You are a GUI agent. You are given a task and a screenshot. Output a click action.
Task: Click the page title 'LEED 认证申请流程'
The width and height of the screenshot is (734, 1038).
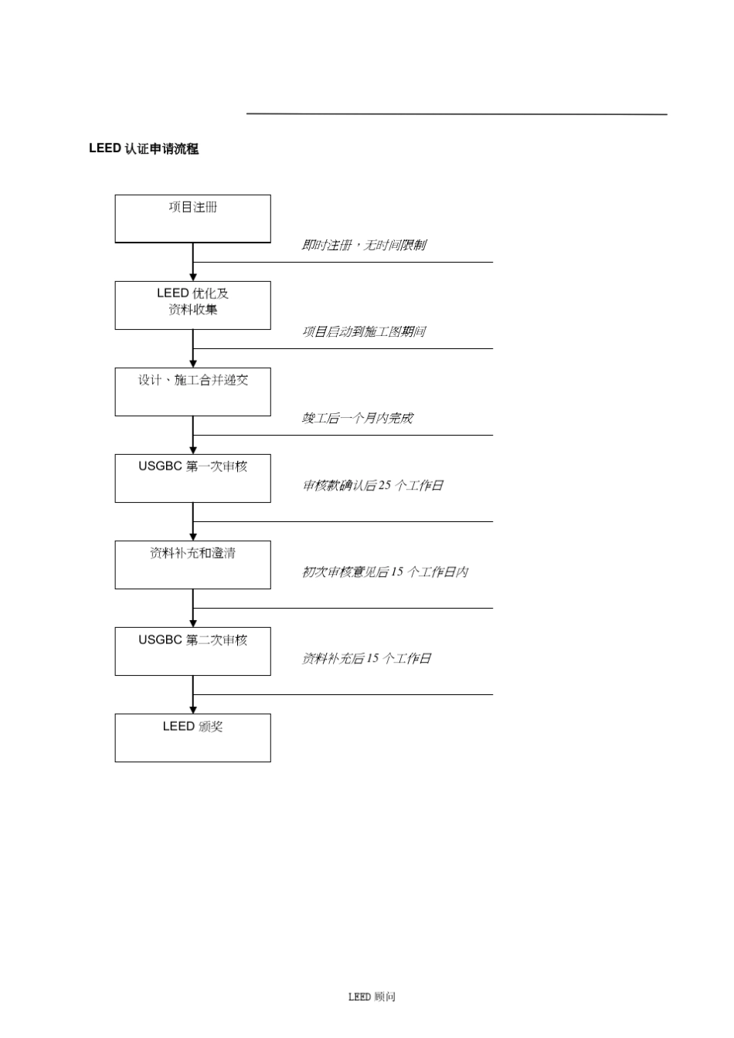pos(144,149)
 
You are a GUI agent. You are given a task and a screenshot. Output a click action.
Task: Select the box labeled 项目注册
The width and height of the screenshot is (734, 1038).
pos(192,219)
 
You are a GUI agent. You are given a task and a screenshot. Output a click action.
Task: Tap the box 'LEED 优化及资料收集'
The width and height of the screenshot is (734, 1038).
pos(192,305)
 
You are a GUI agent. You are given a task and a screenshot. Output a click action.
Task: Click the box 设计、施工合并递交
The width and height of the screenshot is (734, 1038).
pos(192,392)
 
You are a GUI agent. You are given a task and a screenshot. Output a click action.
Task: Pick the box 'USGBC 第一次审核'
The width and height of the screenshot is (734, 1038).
pos(192,478)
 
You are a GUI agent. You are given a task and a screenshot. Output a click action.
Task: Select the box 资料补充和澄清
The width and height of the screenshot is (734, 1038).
pos(192,565)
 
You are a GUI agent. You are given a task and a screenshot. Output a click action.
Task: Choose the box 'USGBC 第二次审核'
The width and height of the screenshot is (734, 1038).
pos(192,651)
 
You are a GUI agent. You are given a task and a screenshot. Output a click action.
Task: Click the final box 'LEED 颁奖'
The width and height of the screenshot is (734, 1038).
pos(192,738)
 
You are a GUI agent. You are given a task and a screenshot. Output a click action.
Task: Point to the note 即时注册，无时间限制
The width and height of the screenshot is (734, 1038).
pos(363,245)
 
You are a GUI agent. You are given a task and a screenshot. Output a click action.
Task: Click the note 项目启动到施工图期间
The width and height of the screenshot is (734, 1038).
pos(363,331)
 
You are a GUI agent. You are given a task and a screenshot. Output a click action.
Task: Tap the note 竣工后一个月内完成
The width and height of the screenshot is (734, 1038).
pos(357,418)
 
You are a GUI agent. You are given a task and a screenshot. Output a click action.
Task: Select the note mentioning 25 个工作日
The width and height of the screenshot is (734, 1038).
pos(372,485)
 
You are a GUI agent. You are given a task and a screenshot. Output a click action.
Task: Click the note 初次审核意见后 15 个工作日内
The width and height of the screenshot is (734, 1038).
pos(385,572)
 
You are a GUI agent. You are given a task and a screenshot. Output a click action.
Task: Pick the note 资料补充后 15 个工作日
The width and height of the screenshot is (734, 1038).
pos(366,658)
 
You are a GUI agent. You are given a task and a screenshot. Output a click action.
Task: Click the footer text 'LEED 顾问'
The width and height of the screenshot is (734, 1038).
pos(372,997)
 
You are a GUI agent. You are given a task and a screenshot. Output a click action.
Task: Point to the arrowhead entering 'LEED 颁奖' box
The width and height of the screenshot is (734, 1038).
pos(193,709)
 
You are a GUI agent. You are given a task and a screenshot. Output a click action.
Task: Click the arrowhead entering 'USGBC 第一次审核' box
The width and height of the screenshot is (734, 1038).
pos(193,449)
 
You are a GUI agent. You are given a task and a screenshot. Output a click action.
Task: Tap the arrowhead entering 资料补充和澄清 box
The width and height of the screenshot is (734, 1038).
pos(193,536)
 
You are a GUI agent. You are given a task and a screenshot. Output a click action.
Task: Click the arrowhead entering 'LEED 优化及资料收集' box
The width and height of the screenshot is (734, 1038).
pos(193,276)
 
